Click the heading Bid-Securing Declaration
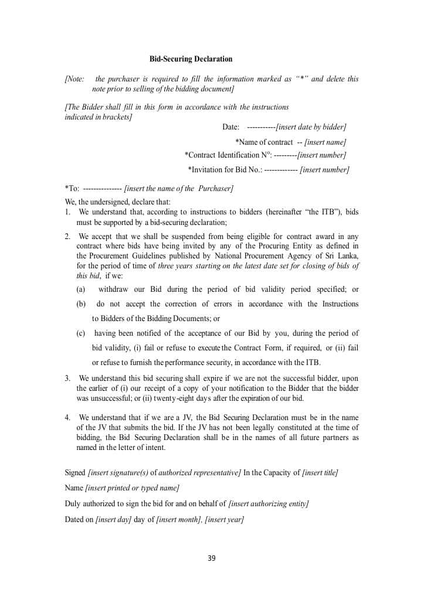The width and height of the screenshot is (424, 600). click(191, 59)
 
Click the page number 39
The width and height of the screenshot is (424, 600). click(212, 558)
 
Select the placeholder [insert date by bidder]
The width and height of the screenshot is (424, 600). click(311, 127)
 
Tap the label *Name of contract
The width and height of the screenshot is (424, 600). click(263, 142)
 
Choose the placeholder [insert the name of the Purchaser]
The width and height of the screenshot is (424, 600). click(179, 188)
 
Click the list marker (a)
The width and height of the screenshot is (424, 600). click(81, 289)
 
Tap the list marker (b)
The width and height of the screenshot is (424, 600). click(81, 304)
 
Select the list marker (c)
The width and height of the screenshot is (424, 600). click(81, 333)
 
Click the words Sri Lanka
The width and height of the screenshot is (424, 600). click(340, 255)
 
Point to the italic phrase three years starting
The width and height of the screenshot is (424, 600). click(187, 265)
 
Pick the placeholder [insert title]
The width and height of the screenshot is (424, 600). click(320, 473)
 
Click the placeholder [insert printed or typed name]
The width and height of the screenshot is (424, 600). click(132, 488)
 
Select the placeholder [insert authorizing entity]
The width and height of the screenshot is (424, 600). click(269, 504)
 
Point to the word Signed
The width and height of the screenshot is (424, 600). click(75, 473)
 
